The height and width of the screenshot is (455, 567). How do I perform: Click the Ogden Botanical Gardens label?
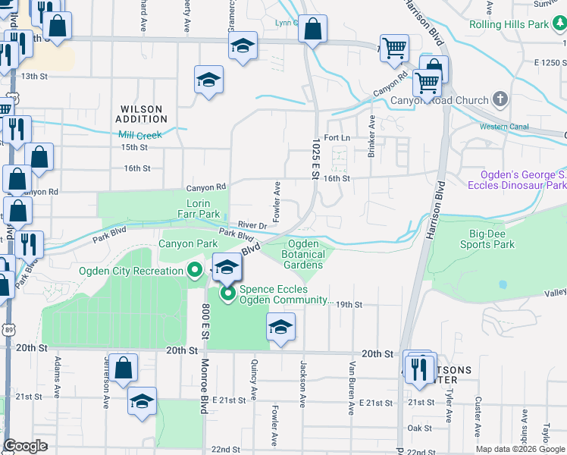[304, 254]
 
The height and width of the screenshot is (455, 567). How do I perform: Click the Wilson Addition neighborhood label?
[142, 114]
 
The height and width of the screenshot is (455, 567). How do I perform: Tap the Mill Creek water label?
[140, 135]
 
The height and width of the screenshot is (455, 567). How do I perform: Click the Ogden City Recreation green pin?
[195, 270]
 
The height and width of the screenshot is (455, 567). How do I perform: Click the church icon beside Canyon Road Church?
[500, 99]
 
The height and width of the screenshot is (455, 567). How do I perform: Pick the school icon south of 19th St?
[280, 328]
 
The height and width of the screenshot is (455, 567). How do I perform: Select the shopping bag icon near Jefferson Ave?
[123, 368]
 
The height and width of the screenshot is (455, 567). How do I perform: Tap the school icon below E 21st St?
[142, 401]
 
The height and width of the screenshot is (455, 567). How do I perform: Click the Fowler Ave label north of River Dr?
[277, 196]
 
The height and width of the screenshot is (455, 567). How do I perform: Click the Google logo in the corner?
[26, 446]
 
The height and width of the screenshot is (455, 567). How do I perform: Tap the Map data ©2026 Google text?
[519, 448]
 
